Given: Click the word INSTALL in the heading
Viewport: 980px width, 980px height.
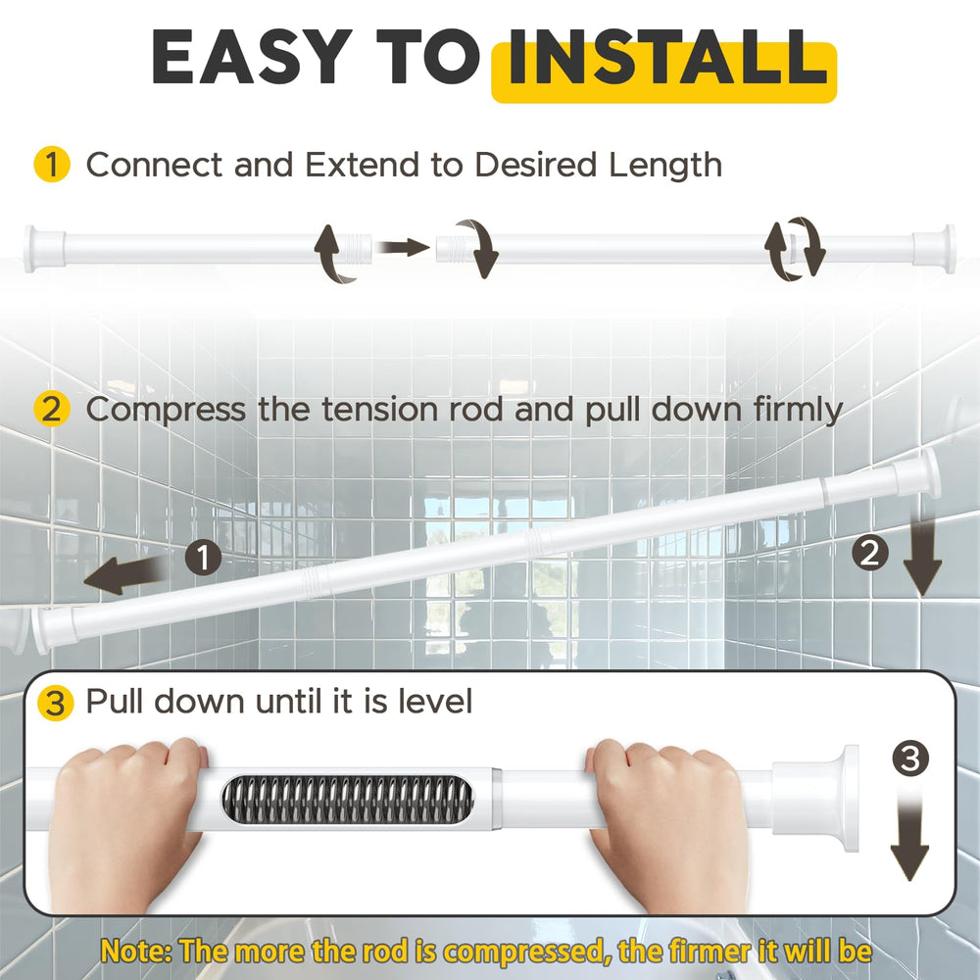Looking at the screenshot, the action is (667, 58).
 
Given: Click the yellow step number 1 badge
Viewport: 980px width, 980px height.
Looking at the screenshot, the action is (51, 165).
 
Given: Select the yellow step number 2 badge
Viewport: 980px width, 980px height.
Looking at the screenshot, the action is (51, 409).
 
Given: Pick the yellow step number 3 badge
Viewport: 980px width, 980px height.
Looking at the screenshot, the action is (55, 703).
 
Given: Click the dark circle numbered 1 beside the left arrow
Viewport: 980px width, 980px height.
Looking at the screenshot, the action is (203, 558).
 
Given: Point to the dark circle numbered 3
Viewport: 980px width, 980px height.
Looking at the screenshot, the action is (910, 759).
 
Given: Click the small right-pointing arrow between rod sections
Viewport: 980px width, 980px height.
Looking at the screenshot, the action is (405, 248).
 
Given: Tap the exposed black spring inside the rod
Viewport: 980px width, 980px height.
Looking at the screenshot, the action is (346, 800).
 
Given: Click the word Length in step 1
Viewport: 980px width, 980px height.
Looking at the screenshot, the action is (665, 167).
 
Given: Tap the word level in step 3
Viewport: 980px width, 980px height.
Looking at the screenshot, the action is (436, 702).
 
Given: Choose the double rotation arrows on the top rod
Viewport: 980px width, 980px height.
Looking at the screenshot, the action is (795, 249).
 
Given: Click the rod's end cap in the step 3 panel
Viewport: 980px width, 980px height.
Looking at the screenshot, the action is (816, 798).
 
